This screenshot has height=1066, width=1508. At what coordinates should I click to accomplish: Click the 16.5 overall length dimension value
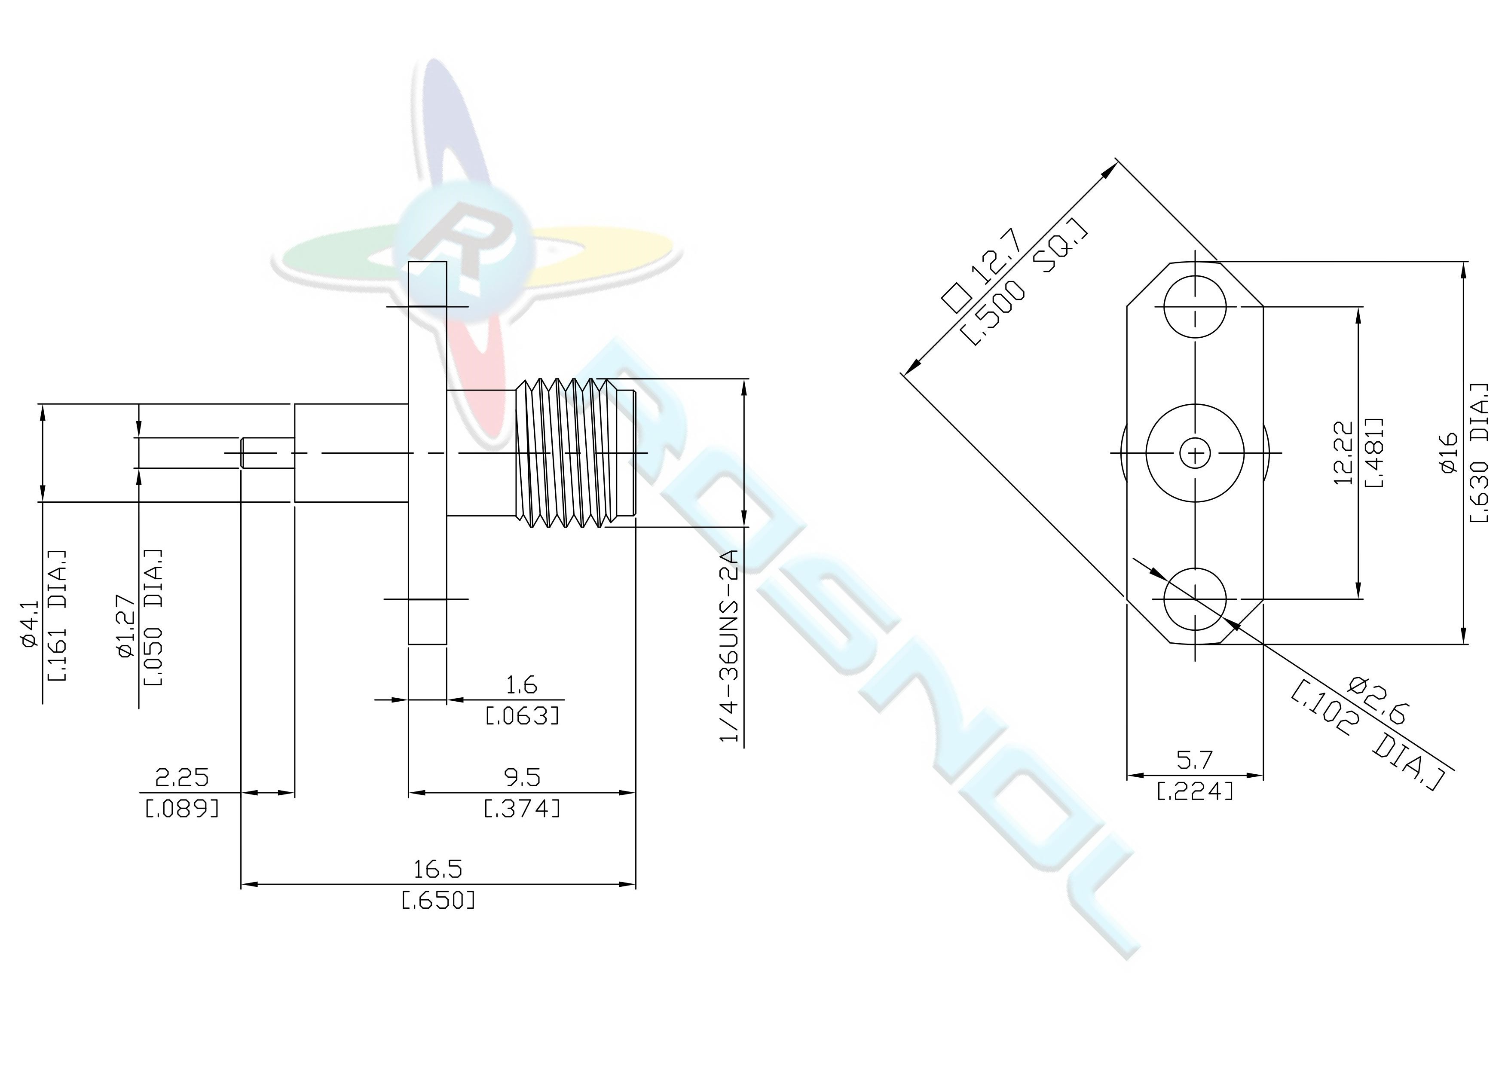[437, 869]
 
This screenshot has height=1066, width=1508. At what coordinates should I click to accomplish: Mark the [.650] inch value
[438, 900]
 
